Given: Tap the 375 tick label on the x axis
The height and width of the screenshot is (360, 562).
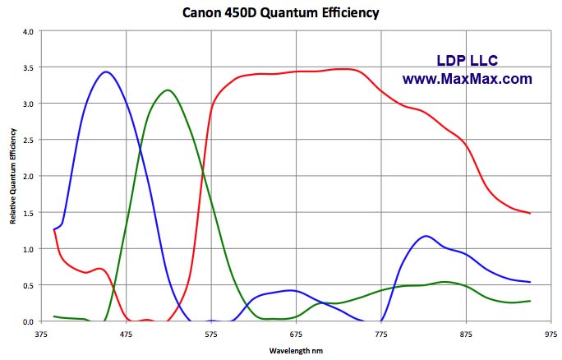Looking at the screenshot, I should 41,334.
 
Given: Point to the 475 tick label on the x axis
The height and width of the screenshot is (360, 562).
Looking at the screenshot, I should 126,334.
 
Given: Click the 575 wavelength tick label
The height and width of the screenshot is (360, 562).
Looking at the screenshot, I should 211,334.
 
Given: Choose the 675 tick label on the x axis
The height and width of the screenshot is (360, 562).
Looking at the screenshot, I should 296,334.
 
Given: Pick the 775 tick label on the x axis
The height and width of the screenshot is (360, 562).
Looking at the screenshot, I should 381,334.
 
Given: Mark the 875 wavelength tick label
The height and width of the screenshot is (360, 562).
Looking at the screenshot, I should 466,334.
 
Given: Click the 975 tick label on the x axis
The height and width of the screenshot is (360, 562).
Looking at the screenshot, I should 551,334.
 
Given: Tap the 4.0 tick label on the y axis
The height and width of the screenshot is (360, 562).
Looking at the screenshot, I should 28,31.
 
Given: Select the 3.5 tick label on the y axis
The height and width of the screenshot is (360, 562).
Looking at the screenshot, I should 28,67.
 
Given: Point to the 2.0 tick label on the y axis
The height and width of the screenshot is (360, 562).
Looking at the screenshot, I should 28,177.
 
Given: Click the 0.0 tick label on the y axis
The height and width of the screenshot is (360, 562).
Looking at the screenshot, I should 28,321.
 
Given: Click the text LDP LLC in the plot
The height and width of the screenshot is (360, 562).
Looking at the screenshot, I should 466,61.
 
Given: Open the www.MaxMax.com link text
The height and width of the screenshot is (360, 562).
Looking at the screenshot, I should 467,80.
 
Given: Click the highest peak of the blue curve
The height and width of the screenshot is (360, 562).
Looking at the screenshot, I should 105,72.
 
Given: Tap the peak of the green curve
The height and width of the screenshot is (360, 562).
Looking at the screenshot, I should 168,90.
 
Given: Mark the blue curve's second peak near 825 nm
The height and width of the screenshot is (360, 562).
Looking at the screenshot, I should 425,237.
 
